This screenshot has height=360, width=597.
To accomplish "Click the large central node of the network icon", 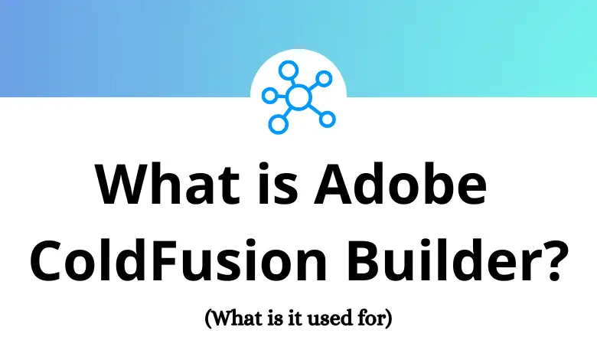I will click(298, 97).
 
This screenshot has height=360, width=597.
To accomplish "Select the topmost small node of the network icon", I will click(288, 70).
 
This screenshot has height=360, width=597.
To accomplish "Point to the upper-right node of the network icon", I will click(324, 78).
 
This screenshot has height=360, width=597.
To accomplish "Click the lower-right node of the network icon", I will click(327, 119).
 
